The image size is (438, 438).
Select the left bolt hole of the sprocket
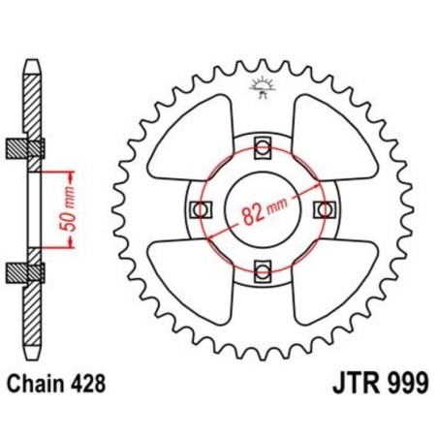click(202, 208)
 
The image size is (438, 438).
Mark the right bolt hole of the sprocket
click(324, 208)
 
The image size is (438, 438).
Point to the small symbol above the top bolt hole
click(263, 86)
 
